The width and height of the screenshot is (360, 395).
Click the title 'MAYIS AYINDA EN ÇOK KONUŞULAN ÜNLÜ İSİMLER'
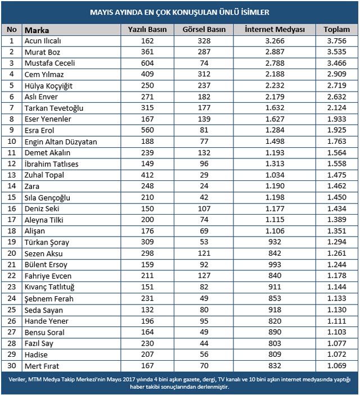179,11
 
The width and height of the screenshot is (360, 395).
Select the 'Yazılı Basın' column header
148,29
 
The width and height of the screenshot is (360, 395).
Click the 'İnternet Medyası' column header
274,29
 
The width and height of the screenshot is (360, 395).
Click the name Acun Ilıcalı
43,41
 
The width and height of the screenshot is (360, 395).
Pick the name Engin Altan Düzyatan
61,142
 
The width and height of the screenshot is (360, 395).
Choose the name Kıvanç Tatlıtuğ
49,287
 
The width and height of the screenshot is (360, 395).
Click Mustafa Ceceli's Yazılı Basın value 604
148,63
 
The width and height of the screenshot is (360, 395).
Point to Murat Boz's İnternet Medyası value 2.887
274,52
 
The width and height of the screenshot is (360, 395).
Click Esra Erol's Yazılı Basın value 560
148,130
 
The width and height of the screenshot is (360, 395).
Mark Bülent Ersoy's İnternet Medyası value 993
274,265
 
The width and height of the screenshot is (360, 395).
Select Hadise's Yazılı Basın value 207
148,355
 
